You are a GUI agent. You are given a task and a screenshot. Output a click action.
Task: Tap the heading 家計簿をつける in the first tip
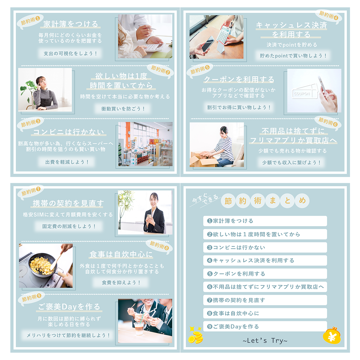click(71, 24)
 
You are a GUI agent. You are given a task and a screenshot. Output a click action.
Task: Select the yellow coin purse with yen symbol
click(332, 336)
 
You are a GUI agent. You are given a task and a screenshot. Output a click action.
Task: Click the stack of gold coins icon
click(195, 335)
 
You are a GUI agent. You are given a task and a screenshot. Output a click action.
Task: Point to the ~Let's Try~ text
click(265, 340)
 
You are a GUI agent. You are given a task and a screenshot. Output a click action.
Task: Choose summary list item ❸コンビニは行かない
click(265, 247)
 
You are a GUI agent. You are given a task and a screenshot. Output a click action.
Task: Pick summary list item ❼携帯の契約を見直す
click(265, 300)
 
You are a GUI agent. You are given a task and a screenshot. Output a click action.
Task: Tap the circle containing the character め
click(302, 201)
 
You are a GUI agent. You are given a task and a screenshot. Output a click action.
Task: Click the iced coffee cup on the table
click(139, 328)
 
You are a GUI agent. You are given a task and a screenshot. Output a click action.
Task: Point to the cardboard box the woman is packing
click(203, 159)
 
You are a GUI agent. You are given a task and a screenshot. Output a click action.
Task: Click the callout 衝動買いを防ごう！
click(123, 109)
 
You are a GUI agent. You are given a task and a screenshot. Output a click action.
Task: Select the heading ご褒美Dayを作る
click(69, 307)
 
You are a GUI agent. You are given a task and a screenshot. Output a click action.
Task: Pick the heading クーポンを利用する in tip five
click(239, 79)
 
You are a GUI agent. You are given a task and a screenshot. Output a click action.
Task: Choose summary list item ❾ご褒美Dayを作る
click(265, 326)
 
